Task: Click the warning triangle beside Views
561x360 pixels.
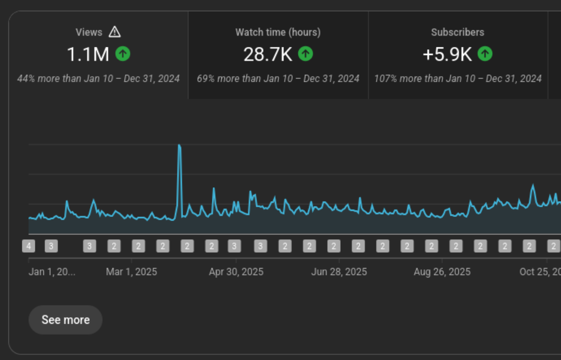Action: click(114, 32)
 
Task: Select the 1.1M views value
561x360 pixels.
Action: click(88, 54)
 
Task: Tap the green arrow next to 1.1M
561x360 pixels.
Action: click(123, 54)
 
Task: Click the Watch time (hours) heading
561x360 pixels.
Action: click(278, 32)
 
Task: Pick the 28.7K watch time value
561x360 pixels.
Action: click(268, 54)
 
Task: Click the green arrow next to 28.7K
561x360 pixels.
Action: click(305, 54)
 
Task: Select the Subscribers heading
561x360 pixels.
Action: click(457, 32)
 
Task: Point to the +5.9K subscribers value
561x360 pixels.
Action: click(447, 54)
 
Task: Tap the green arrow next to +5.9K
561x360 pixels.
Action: click(485, 54)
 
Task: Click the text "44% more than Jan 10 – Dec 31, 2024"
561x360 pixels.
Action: click(98, 79)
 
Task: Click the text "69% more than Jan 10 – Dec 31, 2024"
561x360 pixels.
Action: click(278, 79)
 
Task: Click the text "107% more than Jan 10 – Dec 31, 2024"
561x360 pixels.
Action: click(458, 79)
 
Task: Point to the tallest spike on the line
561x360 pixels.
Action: click(179, 146)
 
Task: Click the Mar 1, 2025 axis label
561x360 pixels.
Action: click(131, 272)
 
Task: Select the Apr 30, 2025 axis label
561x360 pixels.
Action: click(236, 272)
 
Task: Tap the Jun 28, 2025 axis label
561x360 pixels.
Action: click(339, 272)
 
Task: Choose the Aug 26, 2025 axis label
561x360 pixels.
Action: click(442, 272)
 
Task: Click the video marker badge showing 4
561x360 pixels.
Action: click(29, 246)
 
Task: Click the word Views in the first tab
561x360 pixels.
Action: click(89, 32)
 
